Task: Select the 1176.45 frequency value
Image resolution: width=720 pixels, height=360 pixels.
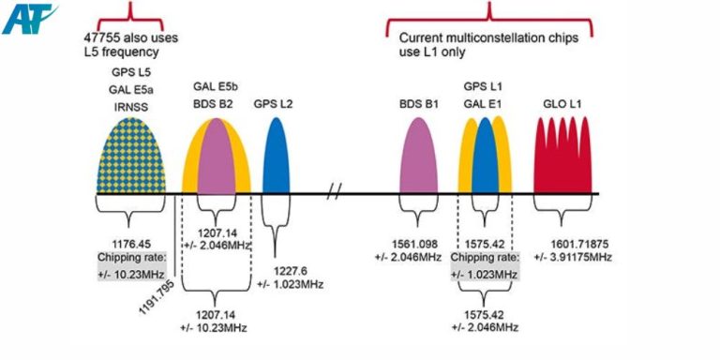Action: click(130, 243)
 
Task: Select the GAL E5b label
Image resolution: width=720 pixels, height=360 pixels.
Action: click(217, 84)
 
